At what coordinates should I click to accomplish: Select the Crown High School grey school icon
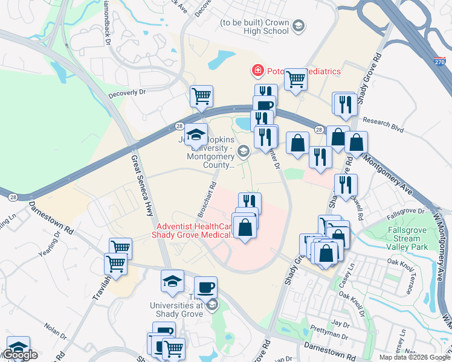click(x=298, y=25)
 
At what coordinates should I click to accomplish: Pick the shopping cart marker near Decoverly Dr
click(x=201, y=95)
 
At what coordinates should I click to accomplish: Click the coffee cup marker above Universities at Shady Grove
click(x=205, y=287)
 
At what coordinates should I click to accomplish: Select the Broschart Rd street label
click(x=205, y=200)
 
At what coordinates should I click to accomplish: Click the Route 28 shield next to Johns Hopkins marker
click(x=179, y=126)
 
